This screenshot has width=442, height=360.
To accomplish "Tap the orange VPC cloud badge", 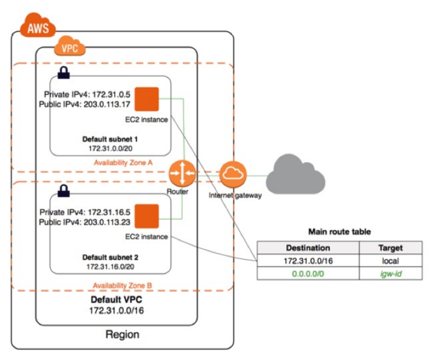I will click(x=70, y=48).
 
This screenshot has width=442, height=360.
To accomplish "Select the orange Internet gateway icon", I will click(x=230, y=174).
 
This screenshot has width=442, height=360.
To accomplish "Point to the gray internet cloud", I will click(x=295, y=174).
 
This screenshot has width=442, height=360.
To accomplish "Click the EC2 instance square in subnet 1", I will click(x=147, y=99).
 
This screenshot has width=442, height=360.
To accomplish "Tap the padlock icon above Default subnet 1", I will click(x=63, y=73).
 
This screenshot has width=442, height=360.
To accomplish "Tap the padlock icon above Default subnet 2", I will click(x=63, y=191).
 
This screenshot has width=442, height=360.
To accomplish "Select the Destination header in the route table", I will click(x=308, y=248).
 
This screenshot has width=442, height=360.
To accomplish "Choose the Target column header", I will click(x=390, y=248).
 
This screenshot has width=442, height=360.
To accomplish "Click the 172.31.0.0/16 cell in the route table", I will click(x=308, y=261).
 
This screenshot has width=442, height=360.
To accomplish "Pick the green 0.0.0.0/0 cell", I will click(x=308, y=274).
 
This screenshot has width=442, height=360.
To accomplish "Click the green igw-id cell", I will click(x=390, y=274).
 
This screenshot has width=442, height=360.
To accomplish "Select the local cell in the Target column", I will click(x=390, y=261).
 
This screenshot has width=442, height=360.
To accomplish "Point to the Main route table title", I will click(x=339, y=231).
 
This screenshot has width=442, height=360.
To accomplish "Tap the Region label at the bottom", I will click(x=122, y=335).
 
